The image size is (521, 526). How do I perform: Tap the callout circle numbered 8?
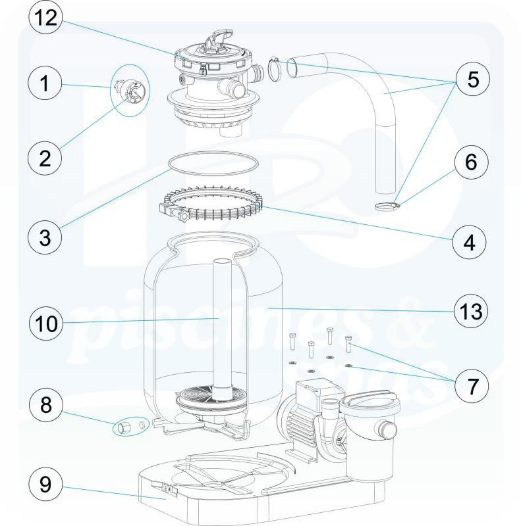[x=47, y=404]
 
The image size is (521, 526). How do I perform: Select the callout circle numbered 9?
[x=47, y=486]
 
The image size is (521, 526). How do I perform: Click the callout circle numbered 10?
[x=47, y=323]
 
